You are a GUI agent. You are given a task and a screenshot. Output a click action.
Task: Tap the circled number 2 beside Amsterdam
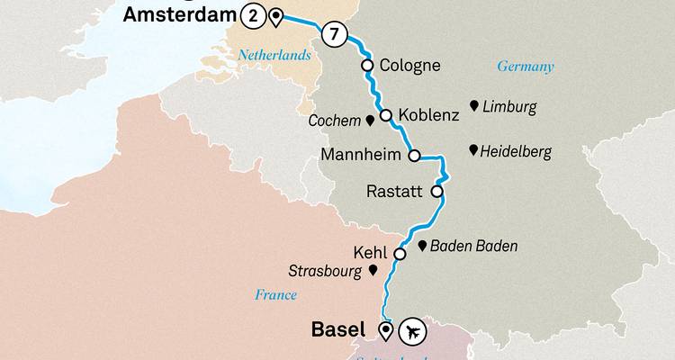253,15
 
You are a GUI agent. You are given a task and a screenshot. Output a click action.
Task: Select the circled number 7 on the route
334,34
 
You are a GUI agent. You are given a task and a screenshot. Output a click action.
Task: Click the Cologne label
410,66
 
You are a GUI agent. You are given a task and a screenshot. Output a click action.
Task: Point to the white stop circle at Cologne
367,66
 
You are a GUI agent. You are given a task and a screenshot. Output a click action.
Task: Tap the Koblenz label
428,115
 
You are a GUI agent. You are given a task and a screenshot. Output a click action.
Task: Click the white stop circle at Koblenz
386,115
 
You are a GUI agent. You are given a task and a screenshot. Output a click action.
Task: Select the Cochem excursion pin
369,120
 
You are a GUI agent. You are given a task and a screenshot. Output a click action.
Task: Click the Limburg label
509,107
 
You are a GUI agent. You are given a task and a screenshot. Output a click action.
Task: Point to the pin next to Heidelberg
474,150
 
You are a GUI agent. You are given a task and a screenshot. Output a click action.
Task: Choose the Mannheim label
358,156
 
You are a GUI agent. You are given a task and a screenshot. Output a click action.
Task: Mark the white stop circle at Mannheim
414,156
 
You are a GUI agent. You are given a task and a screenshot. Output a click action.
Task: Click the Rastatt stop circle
437,191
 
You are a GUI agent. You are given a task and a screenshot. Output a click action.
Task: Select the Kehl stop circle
400,254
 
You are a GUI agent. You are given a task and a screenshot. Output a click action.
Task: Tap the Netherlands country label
274,56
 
